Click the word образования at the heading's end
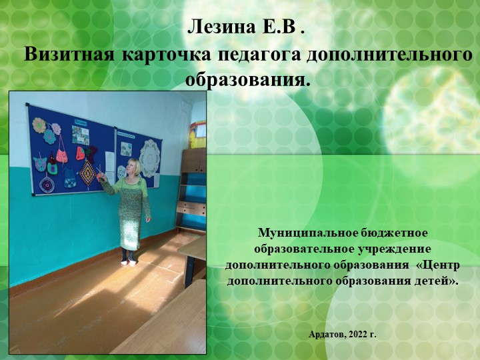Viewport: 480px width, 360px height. (247, 81)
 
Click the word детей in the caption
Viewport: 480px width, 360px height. (439, 281)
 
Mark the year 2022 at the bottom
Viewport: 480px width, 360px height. (359, 333)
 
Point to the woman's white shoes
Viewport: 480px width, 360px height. (129, 261)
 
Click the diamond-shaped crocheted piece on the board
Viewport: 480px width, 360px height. (87, 171)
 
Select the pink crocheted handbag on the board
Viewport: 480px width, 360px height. (61, 154)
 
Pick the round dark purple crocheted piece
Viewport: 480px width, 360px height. (47, 184)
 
